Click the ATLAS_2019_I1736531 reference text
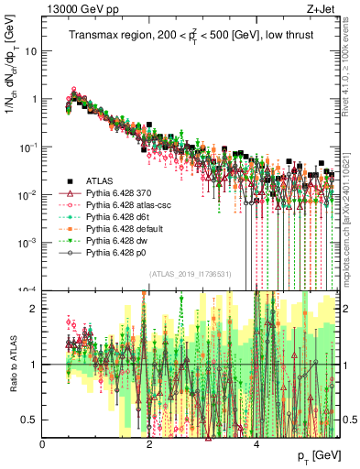point(191,274)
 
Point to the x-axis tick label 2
point(150,444)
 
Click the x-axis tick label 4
point(257,444)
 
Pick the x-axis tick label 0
point(43,444)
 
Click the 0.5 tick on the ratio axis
point(32,420)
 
